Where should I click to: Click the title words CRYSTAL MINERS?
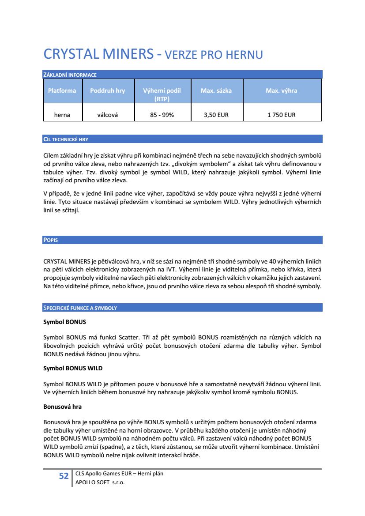98,54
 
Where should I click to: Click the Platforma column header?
62,90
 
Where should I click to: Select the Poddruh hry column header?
107,90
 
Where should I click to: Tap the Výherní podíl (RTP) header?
162,94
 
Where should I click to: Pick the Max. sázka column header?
216,90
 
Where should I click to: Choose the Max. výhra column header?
281,90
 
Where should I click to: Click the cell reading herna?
62,115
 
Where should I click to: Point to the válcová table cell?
107,115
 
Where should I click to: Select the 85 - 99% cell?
162,115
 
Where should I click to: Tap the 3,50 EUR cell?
216,115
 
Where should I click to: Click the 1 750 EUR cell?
281,115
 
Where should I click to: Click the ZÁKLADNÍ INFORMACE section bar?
69,75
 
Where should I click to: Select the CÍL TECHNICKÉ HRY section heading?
66,139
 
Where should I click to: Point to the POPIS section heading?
51,240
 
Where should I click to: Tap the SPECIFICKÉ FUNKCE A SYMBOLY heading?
80,308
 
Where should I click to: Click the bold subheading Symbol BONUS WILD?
73,368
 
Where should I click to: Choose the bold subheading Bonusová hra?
62,406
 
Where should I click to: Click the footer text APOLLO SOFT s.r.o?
100,482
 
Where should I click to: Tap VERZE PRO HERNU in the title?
213,55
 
